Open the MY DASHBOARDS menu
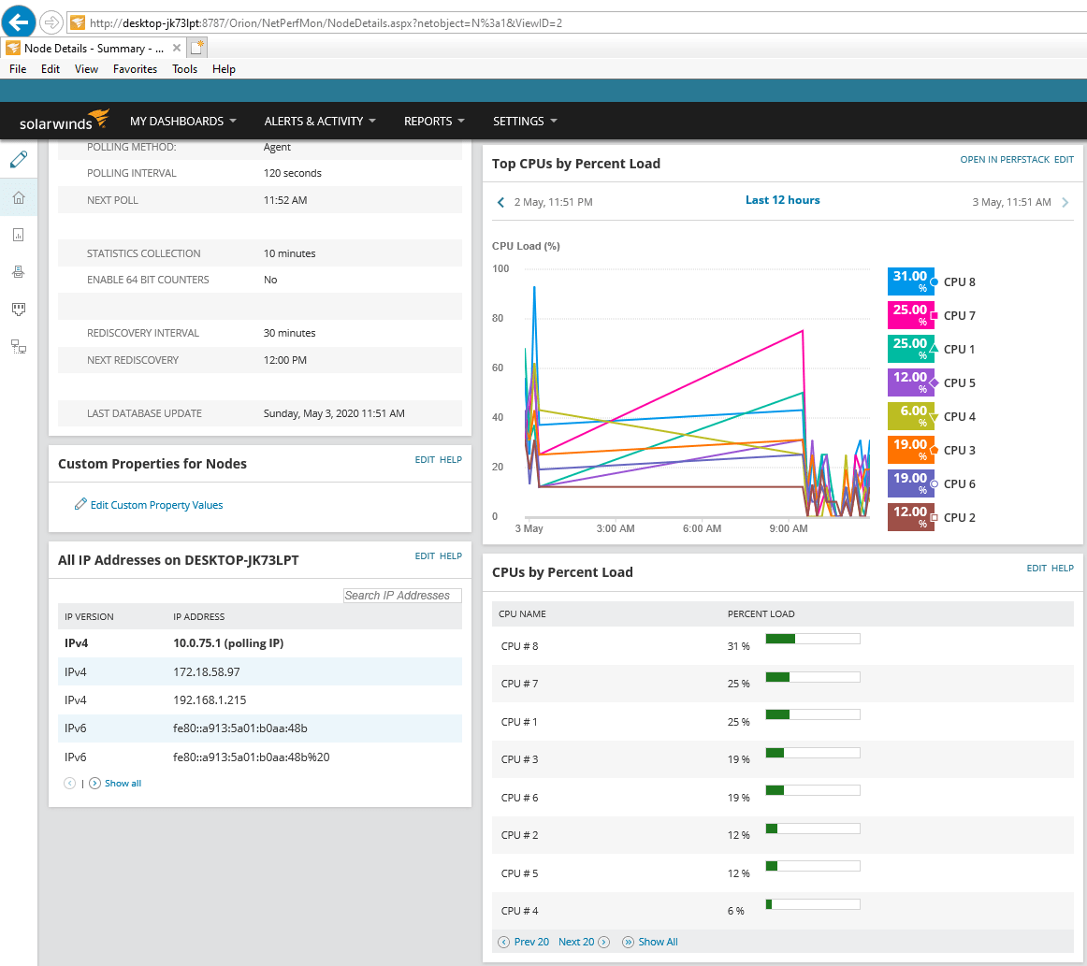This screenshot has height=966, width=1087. pyautogui.click(x=182, y=121)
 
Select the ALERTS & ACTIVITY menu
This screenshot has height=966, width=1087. pyautogui.click(x=319, y=121)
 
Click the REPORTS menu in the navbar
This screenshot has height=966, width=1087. pyautogui.click(x=434, y=121)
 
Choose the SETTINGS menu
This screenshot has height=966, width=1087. pyautogui.click(x=524, y=121)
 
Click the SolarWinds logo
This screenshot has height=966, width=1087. pyautogui.click(x=65, y=121)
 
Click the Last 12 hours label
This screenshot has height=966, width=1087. pyautogui.click(x=782, y=200)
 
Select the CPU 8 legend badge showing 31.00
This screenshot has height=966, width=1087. pyautogui.click(x=910, y=281)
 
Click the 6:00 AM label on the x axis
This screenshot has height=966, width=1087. pyautogui.click(x=701, y=529)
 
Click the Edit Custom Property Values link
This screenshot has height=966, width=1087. pyautogui.click(x=156, y=505)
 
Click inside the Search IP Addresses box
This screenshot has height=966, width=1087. pyautogui.click(x=402, y=596)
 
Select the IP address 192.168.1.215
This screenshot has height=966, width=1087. pyautogui.click(x=210, y=699)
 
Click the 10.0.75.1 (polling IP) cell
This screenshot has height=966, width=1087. pyautogui.click(x=228, y=643)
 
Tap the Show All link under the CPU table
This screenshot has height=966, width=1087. pyautogui.click(x=658, y=942)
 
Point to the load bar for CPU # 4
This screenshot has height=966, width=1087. pyautogui.click(x=812, y=904)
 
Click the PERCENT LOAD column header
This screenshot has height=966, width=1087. pyautogui.click(x=761, y=614)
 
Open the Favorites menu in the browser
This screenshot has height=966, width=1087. pyautogui.click(x=135, y=69)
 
